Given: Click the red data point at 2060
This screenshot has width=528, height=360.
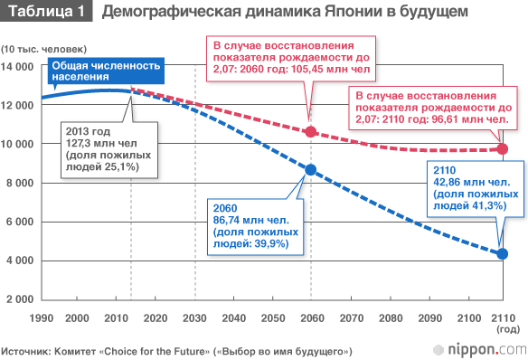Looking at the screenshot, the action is click(x=310, y=132).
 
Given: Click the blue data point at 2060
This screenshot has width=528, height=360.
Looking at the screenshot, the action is click(x=310, y=170).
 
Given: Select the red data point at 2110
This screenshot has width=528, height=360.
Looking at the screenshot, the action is click(x=503, y=149).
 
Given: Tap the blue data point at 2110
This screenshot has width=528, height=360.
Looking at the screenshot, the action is click(x=503, y=254).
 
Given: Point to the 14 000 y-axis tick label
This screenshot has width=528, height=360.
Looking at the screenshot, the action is click(x=17, y=66).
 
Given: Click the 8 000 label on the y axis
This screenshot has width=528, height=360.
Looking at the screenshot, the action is click(x=20, y=183).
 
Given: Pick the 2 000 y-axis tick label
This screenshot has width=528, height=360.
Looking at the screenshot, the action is click(x=20, y=299).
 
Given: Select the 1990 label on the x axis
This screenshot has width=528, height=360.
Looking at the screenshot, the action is click(x=42, y=318).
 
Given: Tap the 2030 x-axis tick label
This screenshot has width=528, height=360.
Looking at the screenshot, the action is click(x=194, y=318).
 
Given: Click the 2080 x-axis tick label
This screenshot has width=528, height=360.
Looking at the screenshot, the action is click(x=391, y=318).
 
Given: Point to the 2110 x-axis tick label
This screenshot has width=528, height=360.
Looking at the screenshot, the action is click(x=504, y=318).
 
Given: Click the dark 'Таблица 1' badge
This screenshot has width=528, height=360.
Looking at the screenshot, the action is click(x=46, y=11).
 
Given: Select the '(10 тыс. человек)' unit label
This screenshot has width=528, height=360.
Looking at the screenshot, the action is click(x=43, y=49).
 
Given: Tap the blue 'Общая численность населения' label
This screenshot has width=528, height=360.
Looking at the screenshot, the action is click(x=106, y=71).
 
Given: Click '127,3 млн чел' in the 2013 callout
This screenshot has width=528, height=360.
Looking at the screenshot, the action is click(x=101, y=144).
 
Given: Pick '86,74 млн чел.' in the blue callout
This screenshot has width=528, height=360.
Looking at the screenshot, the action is click(x=250, y=220).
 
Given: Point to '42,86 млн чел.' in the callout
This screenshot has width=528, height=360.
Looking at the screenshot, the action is click(x=471, y=182).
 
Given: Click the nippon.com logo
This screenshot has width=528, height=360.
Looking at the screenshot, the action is click(x=480, y=350).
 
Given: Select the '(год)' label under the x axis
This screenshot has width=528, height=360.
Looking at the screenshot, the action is click(x=508, y=329).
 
